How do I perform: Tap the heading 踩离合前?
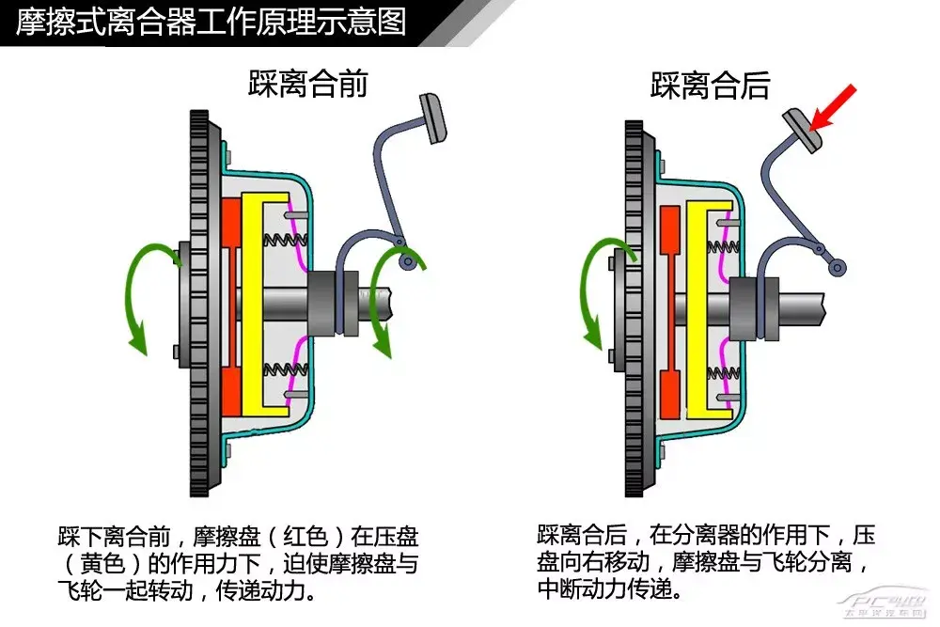[308, 84]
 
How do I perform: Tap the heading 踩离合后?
[711, 85]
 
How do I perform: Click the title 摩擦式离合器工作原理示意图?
[211, 21]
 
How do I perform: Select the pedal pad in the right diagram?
[804, 129]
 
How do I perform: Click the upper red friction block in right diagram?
[670, 244]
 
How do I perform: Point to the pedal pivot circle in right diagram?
[835, 268]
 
